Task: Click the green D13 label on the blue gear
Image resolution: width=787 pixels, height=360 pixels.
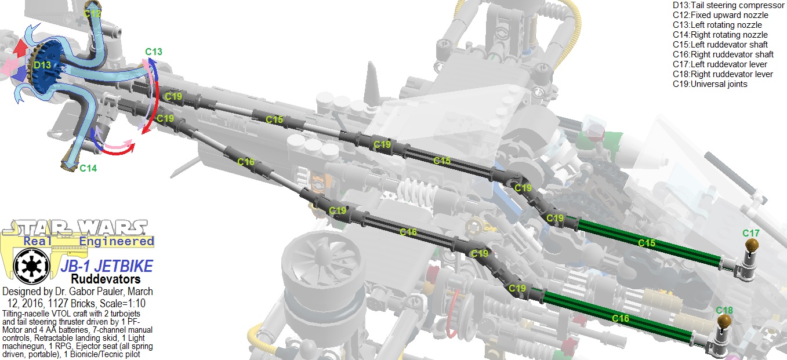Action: pos(42,65)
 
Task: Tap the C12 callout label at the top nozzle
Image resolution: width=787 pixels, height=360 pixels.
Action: pos(92,13)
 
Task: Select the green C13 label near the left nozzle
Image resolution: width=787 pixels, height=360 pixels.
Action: pos(153,52)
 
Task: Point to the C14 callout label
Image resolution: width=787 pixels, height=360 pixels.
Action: pos(88,168)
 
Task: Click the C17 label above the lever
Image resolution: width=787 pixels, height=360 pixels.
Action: pos(751,233)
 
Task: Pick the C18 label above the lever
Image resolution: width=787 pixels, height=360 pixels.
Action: pos(724,310)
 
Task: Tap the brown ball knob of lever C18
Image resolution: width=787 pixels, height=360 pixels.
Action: pos(724,322)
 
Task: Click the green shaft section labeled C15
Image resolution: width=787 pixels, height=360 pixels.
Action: pos(647,243)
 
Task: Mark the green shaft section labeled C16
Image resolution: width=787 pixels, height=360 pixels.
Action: pos(621,318)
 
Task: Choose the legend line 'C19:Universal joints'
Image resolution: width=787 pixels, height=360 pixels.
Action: pos(710,84)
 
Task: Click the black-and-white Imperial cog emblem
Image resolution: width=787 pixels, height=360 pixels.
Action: pos(28,266)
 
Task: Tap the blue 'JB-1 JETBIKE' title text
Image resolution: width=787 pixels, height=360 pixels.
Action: pos(106,266)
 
